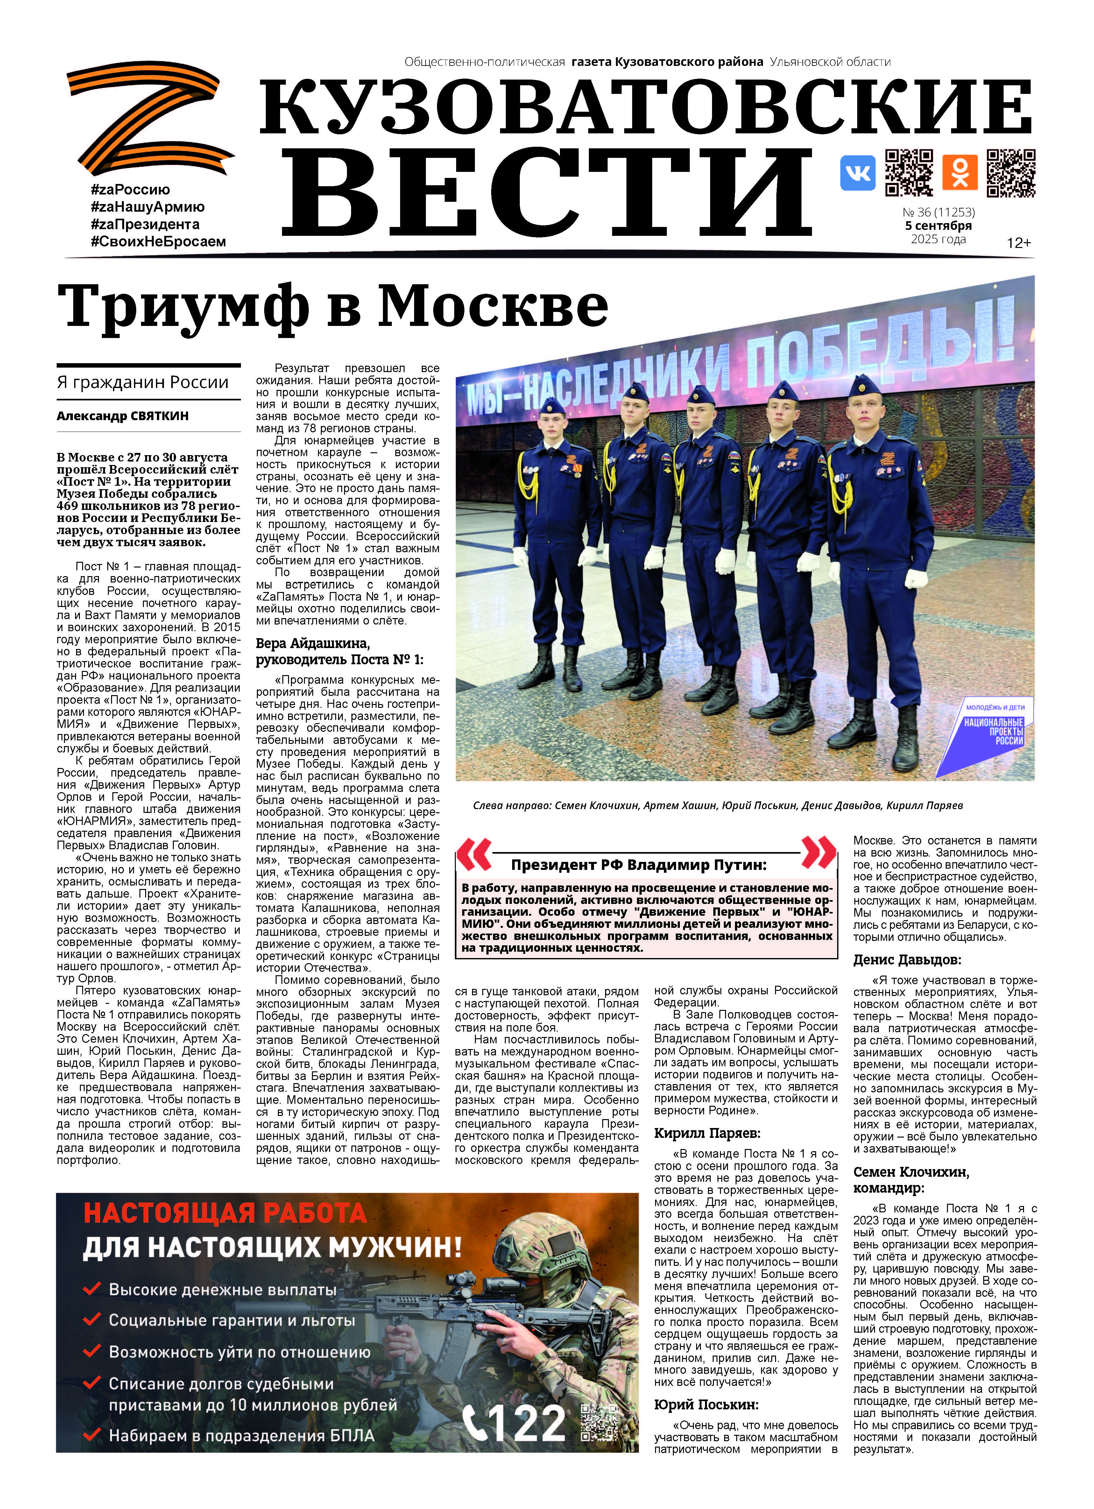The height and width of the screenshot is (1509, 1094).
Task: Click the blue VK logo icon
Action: point(857,173)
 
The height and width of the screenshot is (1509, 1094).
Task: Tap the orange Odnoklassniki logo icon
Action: point(960,173)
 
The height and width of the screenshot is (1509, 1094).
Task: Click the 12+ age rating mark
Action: point(1018,243)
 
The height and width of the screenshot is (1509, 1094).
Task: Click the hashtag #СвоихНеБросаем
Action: point(159,242)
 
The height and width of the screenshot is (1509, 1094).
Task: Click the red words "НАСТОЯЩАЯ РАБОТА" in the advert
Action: point(225,1213)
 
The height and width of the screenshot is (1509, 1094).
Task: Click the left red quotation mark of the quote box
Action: point(474,854)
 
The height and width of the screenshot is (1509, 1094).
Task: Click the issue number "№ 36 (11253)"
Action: point(938,212)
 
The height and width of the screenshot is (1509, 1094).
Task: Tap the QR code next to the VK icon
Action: point(908,173)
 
